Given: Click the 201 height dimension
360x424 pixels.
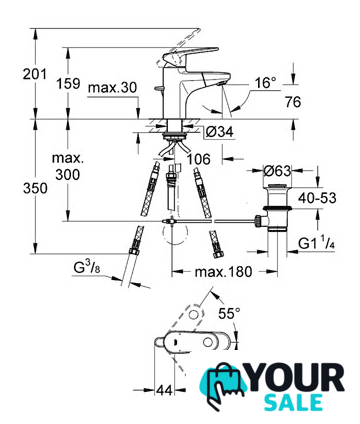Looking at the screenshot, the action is tap(35, 74).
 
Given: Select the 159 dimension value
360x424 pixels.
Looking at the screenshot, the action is tap(68, 83).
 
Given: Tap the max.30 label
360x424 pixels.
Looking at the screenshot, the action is tap(112, 88).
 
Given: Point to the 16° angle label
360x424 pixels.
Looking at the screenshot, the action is tap(266, 83).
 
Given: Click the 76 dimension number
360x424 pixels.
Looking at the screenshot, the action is tap(293, 102).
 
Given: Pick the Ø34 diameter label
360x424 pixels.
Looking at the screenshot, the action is tap(219, 132).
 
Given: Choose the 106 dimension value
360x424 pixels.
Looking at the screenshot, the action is tap(198, 159).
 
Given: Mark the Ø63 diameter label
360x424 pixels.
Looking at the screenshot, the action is tap(277, 171).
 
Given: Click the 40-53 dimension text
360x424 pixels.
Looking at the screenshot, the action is tap(317, 198).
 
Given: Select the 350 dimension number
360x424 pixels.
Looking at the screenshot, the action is tap(35, 189).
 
